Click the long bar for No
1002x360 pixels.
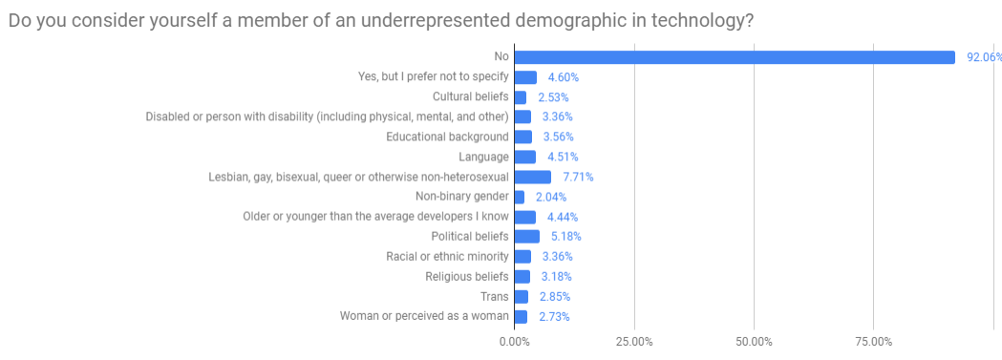735,57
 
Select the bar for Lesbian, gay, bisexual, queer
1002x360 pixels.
533,177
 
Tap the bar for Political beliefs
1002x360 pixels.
527,236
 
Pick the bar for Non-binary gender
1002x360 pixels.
520,197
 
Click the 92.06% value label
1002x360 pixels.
983,57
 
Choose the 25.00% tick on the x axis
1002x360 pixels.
634,341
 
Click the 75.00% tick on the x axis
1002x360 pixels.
873,341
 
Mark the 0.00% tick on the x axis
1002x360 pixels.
515,341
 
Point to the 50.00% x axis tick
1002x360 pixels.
754,341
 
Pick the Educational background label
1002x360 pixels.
447,137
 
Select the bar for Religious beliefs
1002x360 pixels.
522,276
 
